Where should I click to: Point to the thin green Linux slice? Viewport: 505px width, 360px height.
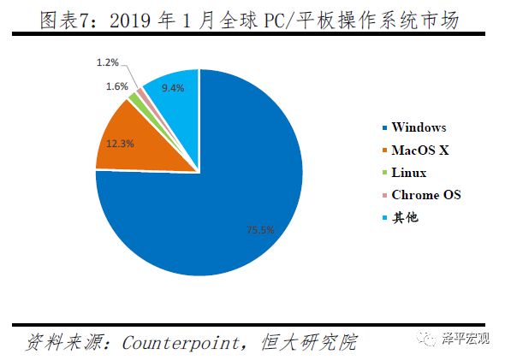click(135, 102)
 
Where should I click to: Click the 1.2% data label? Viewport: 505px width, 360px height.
click(108, 62)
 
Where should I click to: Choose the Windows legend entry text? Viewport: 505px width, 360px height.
click(419, 127)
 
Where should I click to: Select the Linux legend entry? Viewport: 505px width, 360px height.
click(409, 173)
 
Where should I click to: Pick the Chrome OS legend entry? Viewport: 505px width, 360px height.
click(425, 195)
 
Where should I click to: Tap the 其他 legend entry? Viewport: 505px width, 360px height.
click(406, 217)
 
